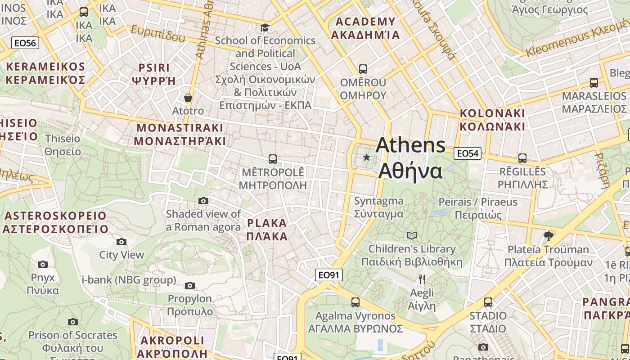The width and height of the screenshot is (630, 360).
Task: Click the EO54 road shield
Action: (x=467, y=153)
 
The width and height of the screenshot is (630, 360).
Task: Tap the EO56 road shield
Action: (x=25, y=43)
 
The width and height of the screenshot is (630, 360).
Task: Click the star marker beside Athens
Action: (x=367, y=157)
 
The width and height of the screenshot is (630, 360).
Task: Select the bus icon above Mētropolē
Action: (x=272, y=159)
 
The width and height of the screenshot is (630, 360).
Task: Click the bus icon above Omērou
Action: (x=363, y=69)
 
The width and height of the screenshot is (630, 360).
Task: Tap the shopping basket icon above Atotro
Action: (x=188, y=98)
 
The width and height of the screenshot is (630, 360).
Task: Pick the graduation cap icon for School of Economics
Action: (x=265, y=27)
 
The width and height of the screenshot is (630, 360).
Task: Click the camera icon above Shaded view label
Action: (x=203, y=201)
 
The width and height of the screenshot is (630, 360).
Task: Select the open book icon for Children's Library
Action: (x=411, y=235)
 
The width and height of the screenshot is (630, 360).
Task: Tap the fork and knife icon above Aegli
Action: (x=422, y=279)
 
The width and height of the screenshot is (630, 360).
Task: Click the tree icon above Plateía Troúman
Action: (x=548, y=236)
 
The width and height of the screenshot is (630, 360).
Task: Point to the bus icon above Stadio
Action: (x=488, y=302)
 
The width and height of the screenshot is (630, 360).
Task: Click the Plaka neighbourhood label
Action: (x=267, y=229)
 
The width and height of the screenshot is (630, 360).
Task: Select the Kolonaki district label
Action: (x=492, y=120)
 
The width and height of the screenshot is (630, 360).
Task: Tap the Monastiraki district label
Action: (x=180, y=134)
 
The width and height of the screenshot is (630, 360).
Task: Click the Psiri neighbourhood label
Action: (x=154, y=74)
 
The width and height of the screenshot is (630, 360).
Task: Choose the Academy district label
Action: (x=365, y=28)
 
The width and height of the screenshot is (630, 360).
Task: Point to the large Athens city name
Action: (x=410, y=157)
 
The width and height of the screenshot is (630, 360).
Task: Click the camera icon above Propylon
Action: (x=190, y=285)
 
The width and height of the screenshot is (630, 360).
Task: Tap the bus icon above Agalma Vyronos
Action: (x=355, y=302)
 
